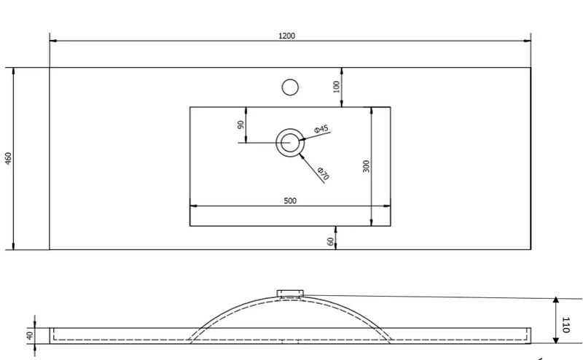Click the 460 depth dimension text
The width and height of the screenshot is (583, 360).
pos(8,158)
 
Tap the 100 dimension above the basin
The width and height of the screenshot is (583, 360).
pos(336,86)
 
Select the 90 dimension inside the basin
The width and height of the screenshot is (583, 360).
pos(240,124)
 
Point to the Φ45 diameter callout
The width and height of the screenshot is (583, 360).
pos(321,130)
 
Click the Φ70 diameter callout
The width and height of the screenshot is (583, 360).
pos(324,174)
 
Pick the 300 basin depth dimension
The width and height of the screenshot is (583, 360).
pos(366,166)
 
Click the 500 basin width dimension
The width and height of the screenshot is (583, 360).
pos(290,200)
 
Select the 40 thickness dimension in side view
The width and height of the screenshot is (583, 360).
pos(29,336)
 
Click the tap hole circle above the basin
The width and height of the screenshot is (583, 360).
pos(290,87)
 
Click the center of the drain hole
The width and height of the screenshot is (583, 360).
pos(290,142)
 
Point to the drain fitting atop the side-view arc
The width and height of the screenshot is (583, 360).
pos(289,293)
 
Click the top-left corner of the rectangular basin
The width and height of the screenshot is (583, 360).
pos(190,107)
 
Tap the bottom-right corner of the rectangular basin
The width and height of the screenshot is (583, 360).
pos(391,226)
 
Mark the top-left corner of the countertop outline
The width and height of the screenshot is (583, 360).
pos(50,68)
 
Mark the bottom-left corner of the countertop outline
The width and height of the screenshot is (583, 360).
pos(50,249)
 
